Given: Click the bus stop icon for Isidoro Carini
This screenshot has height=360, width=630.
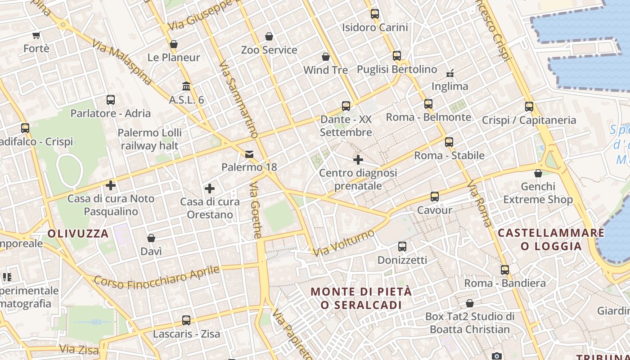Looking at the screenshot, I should (375, 14).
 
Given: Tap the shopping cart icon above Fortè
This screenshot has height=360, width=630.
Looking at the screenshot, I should (36, 35).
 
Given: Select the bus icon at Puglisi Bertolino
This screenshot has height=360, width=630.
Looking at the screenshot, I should (396, 56).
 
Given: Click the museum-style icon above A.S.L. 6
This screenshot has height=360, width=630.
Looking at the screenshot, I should (186, 85).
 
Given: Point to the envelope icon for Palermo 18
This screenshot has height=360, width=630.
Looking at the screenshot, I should (249, 154).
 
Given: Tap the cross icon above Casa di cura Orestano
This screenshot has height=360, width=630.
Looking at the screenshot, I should (210, 189).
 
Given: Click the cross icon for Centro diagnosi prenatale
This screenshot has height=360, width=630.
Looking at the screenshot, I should (358, 159).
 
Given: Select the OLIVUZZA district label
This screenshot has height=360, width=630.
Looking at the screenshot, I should (78, 234).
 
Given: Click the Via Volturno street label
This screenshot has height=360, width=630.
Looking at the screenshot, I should (344, 243).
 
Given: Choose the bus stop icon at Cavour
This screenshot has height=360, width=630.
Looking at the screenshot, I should (434, 197).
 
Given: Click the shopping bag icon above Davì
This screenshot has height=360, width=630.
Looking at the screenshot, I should (151, 238).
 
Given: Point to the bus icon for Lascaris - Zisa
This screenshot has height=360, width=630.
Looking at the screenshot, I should (186, 320).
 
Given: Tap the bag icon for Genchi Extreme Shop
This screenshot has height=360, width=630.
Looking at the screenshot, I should (538, 173).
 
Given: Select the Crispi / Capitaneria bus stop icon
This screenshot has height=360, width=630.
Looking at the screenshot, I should (529, 107).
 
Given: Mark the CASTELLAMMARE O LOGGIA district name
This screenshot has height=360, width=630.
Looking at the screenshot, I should (551, 239).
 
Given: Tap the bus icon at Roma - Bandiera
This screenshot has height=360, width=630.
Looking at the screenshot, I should (505, 270).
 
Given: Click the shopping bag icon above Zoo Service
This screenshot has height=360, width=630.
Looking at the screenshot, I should (269, 36).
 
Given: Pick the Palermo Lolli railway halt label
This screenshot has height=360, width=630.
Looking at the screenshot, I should (150, 139).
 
